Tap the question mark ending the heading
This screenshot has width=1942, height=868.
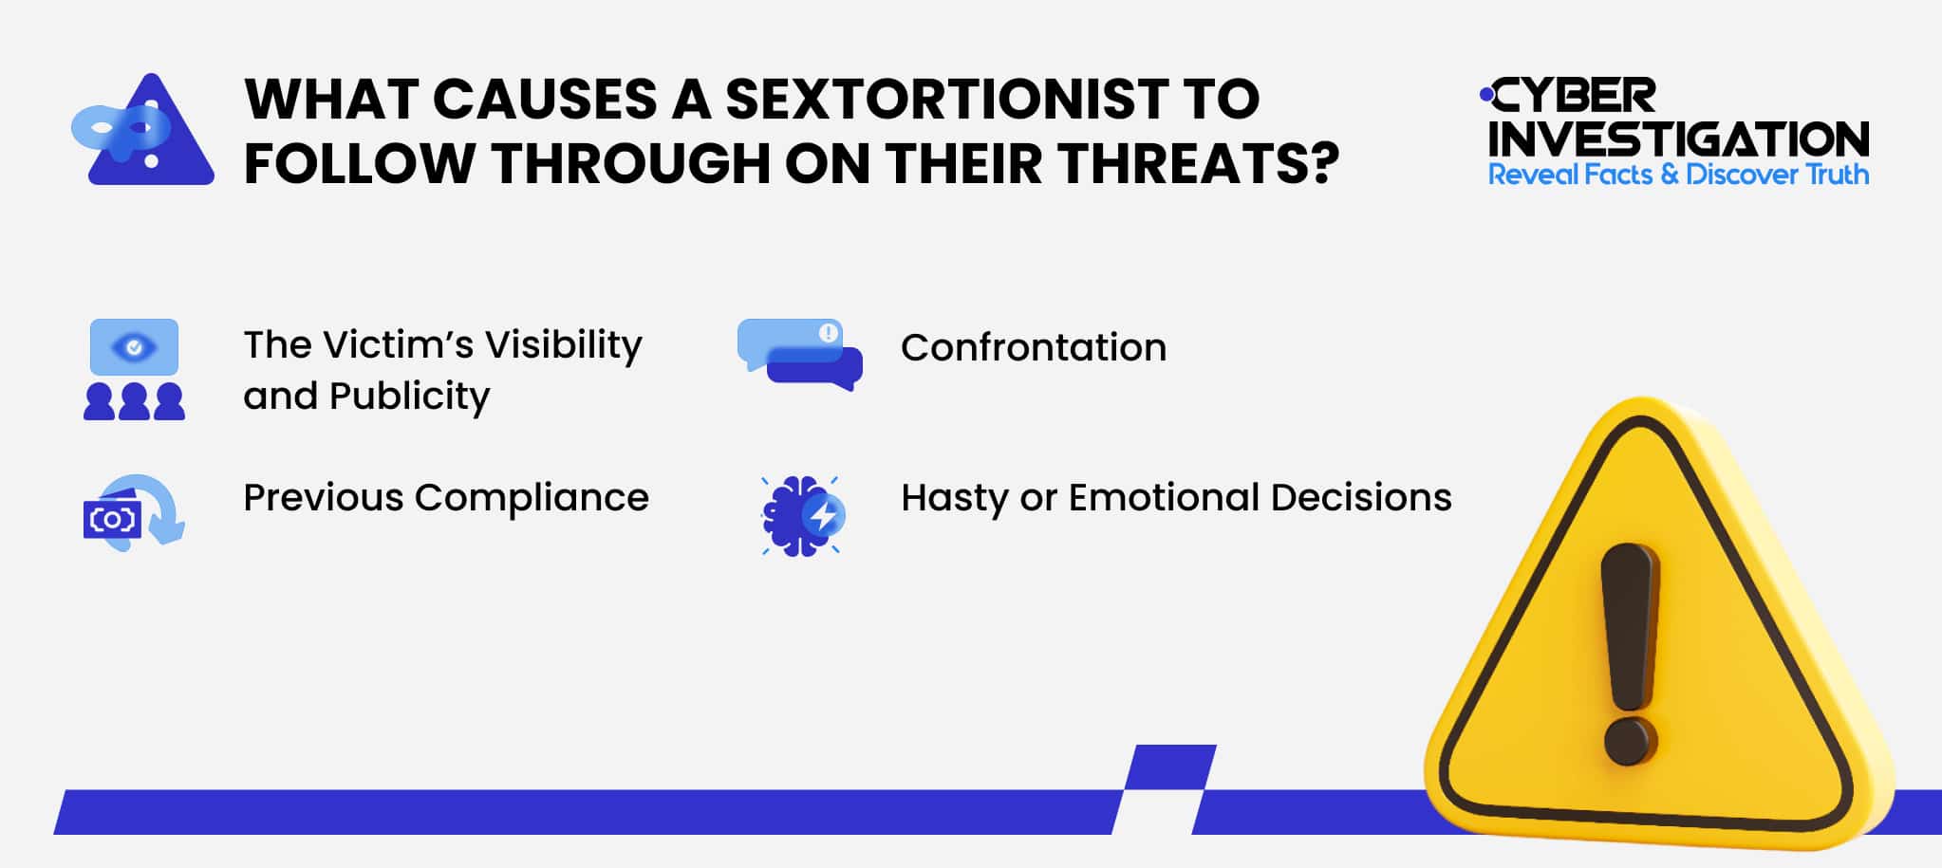click(1320, 163)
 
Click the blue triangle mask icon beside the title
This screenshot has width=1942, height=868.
click(144, 131)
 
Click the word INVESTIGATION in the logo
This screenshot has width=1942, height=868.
click(1678, 139)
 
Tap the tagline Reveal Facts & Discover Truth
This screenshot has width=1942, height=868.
click(1678, 175)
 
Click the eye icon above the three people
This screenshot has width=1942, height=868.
click(134, 347)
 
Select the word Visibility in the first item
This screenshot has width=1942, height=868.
click(564, 345)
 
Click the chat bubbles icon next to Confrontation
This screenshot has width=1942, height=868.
click(800, 354)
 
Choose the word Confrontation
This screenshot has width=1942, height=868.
click(1034, 347)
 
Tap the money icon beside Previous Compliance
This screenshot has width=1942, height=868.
click(133, 513)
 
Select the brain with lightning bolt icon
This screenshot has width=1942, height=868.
click(802, 515)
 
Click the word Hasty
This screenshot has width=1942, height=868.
click(954, 498)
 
